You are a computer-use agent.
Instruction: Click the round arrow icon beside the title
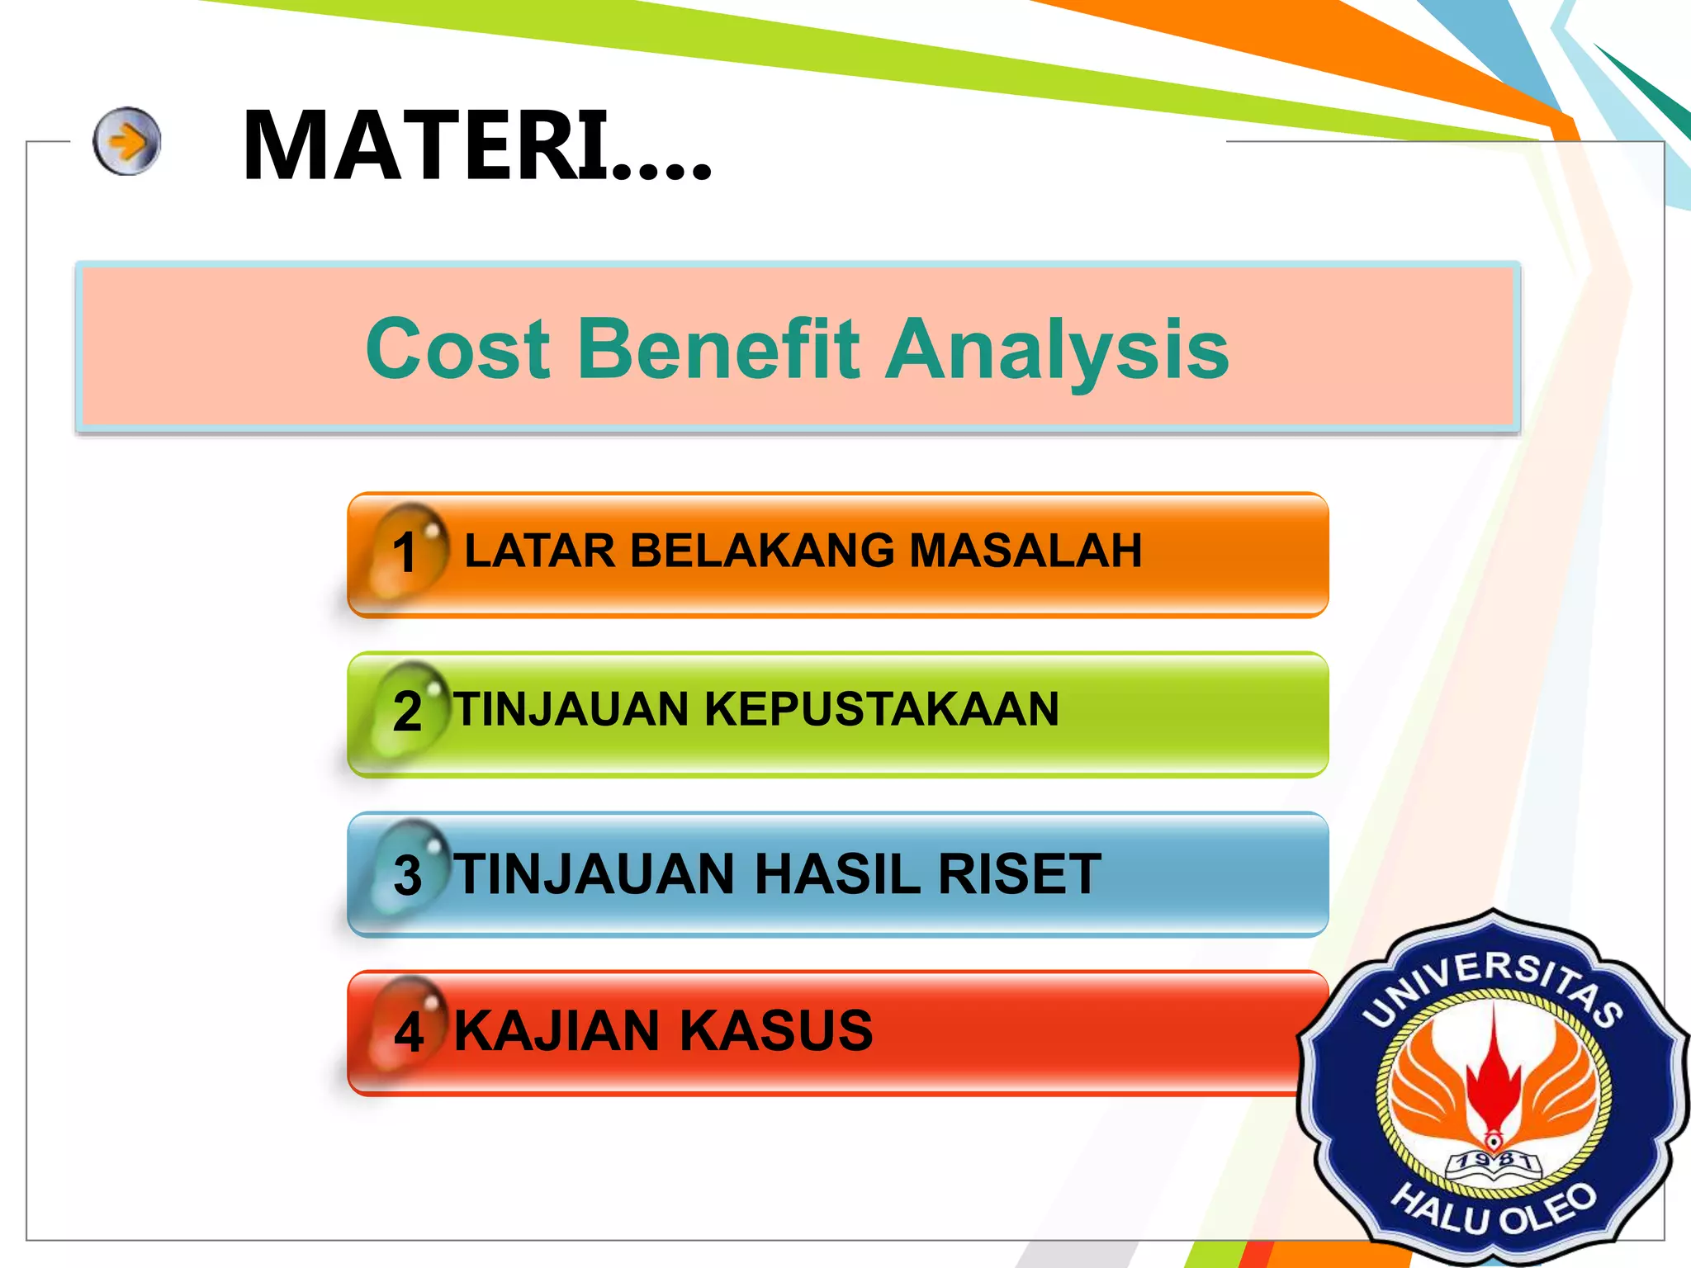(126, 141)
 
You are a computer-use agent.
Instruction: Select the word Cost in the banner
(458, 349)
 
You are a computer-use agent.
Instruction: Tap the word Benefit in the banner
(718, 349)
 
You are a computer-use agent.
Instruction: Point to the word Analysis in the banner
(1057, 351)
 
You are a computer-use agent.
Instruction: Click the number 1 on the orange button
(405, 552)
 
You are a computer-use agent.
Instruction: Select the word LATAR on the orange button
(540, 551)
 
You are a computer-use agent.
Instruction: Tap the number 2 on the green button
(407, 711)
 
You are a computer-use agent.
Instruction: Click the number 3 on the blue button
(408, 875)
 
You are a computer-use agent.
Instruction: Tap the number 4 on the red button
(409, 1032)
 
